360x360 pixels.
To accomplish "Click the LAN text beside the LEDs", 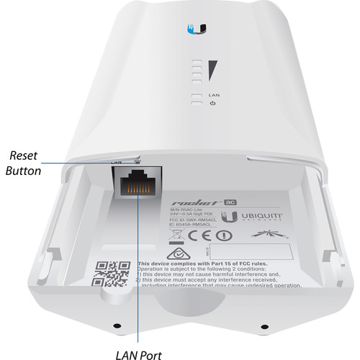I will [213, 94].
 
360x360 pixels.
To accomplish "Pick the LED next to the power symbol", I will [195, 104].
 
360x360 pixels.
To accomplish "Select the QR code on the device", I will [110, 273].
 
